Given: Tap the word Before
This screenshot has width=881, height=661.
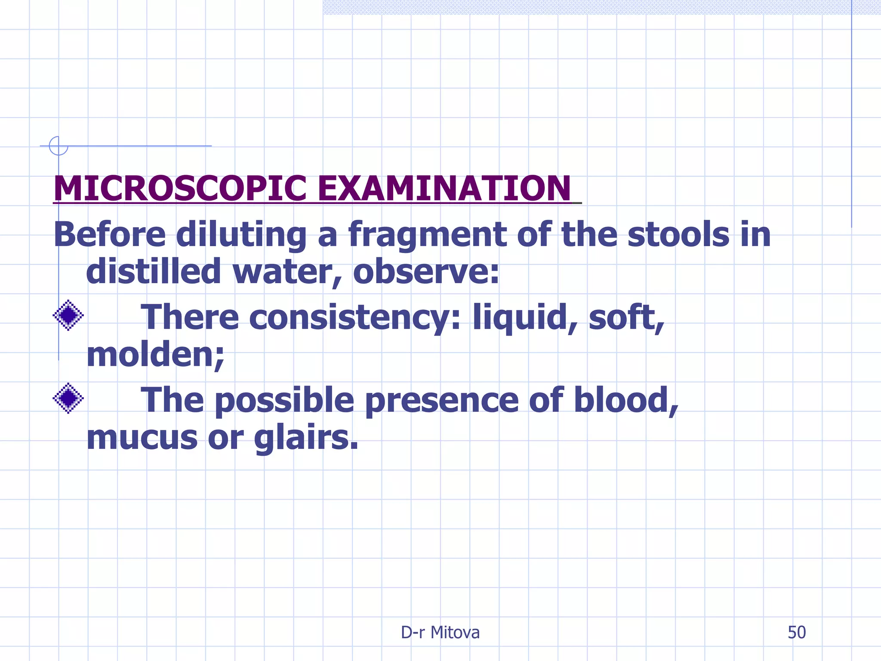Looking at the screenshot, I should (x=110, y=235).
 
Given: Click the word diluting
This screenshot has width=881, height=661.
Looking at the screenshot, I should (x=241, y=235).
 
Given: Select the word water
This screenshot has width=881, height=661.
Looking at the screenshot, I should (x=286, y=272).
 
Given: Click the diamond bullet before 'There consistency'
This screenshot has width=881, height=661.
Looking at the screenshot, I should (x=68, y=315).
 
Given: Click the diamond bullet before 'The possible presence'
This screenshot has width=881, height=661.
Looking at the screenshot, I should (x=68, y=398).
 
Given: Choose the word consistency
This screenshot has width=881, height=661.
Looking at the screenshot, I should (x=354, y=318).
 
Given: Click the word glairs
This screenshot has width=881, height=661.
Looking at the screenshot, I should (x=306, y=438).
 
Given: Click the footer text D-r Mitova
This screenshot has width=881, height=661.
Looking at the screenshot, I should (x=440, y=633).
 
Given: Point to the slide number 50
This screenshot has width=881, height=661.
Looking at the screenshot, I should (x=796, y=633).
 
